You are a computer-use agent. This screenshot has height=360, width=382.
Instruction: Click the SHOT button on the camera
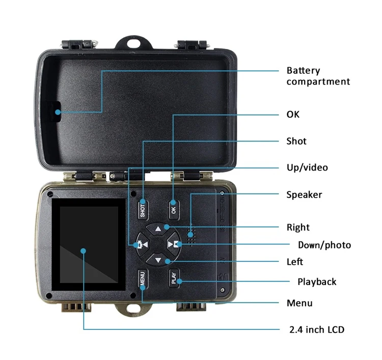pos(143,209)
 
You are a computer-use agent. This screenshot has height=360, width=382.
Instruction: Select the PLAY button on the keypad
pos(174,278)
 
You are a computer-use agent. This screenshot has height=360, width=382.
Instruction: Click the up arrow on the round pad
pos(158,229)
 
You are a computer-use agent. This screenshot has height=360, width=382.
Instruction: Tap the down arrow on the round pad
pos(158,261)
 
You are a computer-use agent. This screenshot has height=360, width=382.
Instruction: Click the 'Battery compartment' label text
pos(318,76)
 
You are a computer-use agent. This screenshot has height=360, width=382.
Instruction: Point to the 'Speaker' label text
pos(304,195)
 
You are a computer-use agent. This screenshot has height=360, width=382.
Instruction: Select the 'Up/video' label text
pos(307,168)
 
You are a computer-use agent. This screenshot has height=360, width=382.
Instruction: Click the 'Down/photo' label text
pos(324,245)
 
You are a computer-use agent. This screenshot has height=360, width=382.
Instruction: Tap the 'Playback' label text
pos(317,282)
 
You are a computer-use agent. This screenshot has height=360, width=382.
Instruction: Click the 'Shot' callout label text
pos(296,141)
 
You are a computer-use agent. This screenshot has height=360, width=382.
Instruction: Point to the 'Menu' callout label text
pos(299,303)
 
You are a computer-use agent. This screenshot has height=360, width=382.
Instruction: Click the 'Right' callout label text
pos(298,227)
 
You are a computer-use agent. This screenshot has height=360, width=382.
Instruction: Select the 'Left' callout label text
pos(295,262)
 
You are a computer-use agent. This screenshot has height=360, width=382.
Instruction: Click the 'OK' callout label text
pos(293,114)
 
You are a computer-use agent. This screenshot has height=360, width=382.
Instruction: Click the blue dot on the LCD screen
pos(83,250)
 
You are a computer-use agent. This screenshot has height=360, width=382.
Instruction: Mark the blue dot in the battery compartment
pos(58,112)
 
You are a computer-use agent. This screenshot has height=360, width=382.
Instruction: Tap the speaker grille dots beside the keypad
pos(192,235)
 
